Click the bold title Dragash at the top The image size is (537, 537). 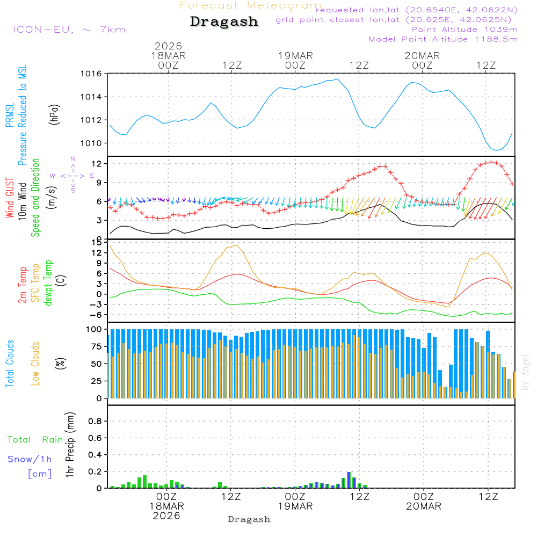(224, 22)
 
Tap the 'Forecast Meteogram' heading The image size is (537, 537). (250, 5)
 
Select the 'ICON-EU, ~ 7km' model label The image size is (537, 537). (69, 30)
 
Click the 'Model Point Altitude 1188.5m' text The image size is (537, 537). (443, 39)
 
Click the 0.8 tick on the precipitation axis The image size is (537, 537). (95, 422)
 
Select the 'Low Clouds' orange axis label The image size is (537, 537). (35, 364)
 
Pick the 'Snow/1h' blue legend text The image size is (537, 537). (30, 459)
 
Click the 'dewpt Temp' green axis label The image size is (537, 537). (49, 283)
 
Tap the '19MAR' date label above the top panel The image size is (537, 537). (295, 55)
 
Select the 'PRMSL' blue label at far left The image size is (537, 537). (10, 115)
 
